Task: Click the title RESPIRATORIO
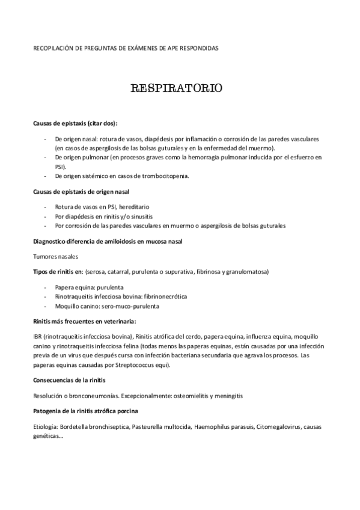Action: [x=177, y=89]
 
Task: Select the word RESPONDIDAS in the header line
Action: [x=200, y=48]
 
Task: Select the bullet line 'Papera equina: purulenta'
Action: [x=91, y=287]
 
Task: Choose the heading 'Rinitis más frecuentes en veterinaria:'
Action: [x=84, y=321]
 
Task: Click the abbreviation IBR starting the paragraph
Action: [x=38, y=337]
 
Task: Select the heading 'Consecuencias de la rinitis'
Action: [x=70, y=380]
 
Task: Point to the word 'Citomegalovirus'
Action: [x=279, y=427]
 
